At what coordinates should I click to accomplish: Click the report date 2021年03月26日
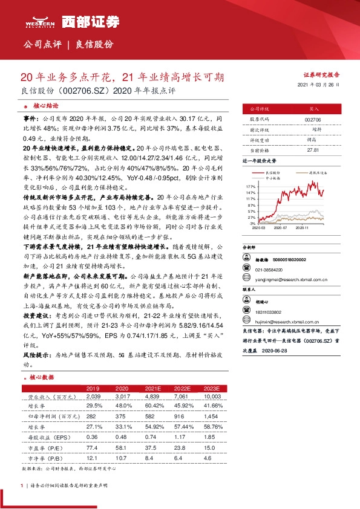tap(319, 85)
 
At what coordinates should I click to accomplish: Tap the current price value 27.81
tap(313, 149)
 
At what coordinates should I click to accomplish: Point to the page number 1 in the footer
tap(22, 485)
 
